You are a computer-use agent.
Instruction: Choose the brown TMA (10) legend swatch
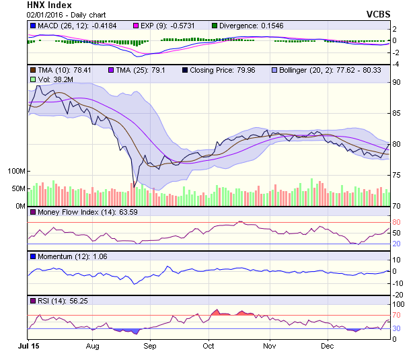[x=32, y=69]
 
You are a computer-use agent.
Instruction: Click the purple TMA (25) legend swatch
[x=111, y=69]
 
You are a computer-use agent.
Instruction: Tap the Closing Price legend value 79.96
[x=255, y=69]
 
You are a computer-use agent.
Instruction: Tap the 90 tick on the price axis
[x=397, y=82]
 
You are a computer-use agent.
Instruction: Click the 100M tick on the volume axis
[x=16, y=171]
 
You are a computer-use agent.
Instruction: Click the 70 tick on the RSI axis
[x=397, y=314]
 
